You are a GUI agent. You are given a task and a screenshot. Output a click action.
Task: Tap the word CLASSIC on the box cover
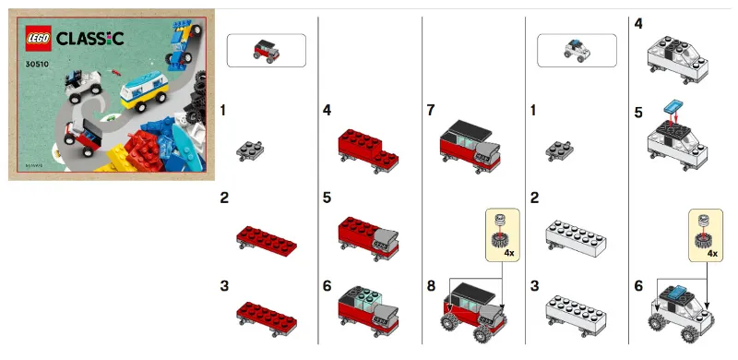click(x=90, y=38)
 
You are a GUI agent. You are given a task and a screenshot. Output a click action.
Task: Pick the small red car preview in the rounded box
click(x=266, y=49)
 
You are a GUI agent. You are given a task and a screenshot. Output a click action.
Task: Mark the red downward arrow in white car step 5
click(x=674, y=117)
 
